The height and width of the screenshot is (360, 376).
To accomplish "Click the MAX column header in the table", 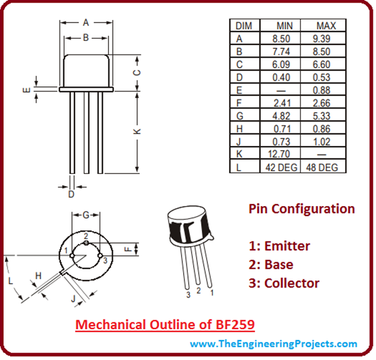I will point(326,26).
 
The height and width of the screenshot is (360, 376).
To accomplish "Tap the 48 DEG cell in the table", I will point(326,168).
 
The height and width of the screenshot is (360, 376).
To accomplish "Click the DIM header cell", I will point(243,26).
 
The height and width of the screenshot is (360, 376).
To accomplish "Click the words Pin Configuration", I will point(301,208).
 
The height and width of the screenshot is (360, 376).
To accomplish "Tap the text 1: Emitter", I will point(279,246).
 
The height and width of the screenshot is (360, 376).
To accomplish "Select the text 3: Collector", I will point(284,283).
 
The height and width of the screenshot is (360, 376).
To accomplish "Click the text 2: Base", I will point(271,265).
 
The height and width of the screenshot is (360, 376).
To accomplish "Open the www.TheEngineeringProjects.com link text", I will point(274,344).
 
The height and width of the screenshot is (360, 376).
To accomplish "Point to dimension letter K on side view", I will point(137,131).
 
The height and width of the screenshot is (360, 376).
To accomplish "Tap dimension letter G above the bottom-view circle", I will point(85,215).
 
